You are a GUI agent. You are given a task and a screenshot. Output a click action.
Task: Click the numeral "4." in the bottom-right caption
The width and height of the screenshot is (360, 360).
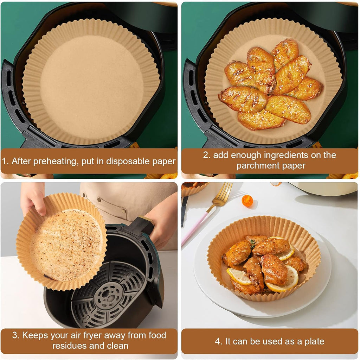(x=219, y=341)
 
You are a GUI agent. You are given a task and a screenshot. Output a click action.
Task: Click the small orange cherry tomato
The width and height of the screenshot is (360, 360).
(x=247, y=201)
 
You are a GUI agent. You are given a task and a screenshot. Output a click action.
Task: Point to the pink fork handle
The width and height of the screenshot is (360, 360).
(x=195, y=228)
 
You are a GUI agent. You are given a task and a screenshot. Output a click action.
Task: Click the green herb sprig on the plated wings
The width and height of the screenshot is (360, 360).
(x=252, y=243)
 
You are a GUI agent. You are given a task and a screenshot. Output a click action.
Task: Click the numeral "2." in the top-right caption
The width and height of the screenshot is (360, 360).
(x=207, y=155)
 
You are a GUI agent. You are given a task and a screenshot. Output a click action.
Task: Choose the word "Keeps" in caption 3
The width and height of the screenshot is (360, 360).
(x=34, y=336)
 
